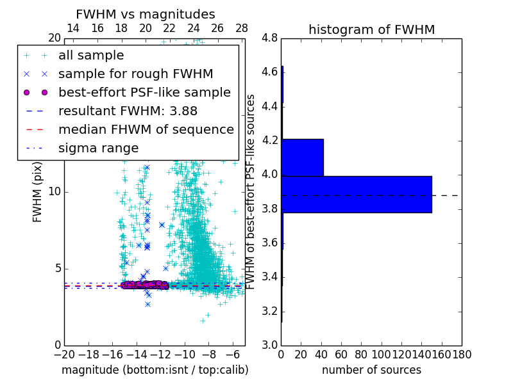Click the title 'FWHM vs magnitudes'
tap(146, 14)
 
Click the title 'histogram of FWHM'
tap(371, 29)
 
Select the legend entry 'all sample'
tap(91, 56)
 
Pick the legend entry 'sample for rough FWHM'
tap(135, 74)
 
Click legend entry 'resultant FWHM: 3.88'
tap(126, 111)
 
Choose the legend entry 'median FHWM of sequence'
tap(146, 129)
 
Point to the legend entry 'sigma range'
tap(98, 148)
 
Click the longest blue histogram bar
tap(357, 195)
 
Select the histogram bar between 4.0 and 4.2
tap(302, 157)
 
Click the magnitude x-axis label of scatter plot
tap(155, 370)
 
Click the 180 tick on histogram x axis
tap(462, 354)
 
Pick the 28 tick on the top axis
tap(242, 28)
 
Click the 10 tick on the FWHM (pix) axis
tap(55, 191)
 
